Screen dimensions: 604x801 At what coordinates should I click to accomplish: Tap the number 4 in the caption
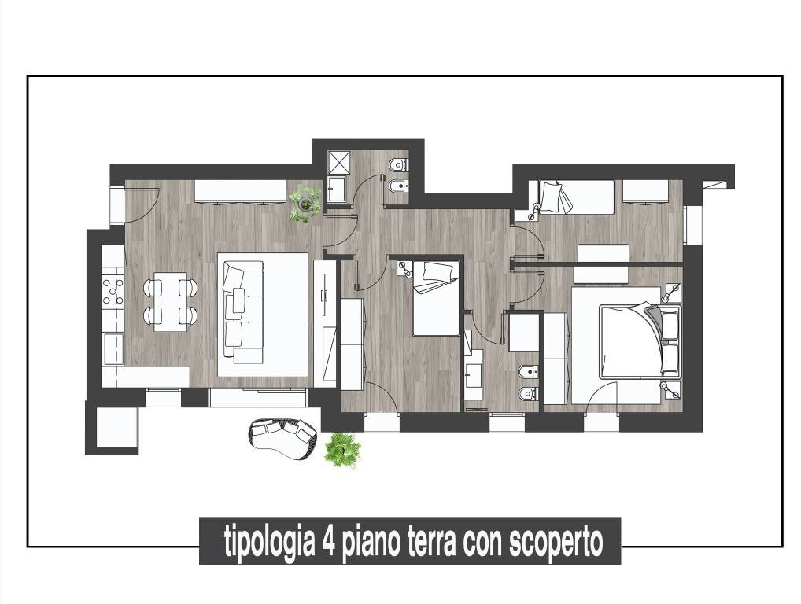(329, 542)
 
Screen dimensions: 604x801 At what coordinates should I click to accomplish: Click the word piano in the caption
(371, 542)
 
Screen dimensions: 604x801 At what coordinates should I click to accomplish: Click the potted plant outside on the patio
(342, 450)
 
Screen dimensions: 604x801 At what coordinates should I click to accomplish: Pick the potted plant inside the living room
(304, 204)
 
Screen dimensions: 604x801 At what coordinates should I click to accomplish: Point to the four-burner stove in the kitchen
(113, 290)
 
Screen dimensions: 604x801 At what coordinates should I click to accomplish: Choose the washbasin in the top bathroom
(338, 191)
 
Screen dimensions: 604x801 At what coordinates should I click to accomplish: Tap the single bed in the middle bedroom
(434, 299)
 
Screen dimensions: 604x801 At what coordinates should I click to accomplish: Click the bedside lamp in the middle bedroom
(405, 269)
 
